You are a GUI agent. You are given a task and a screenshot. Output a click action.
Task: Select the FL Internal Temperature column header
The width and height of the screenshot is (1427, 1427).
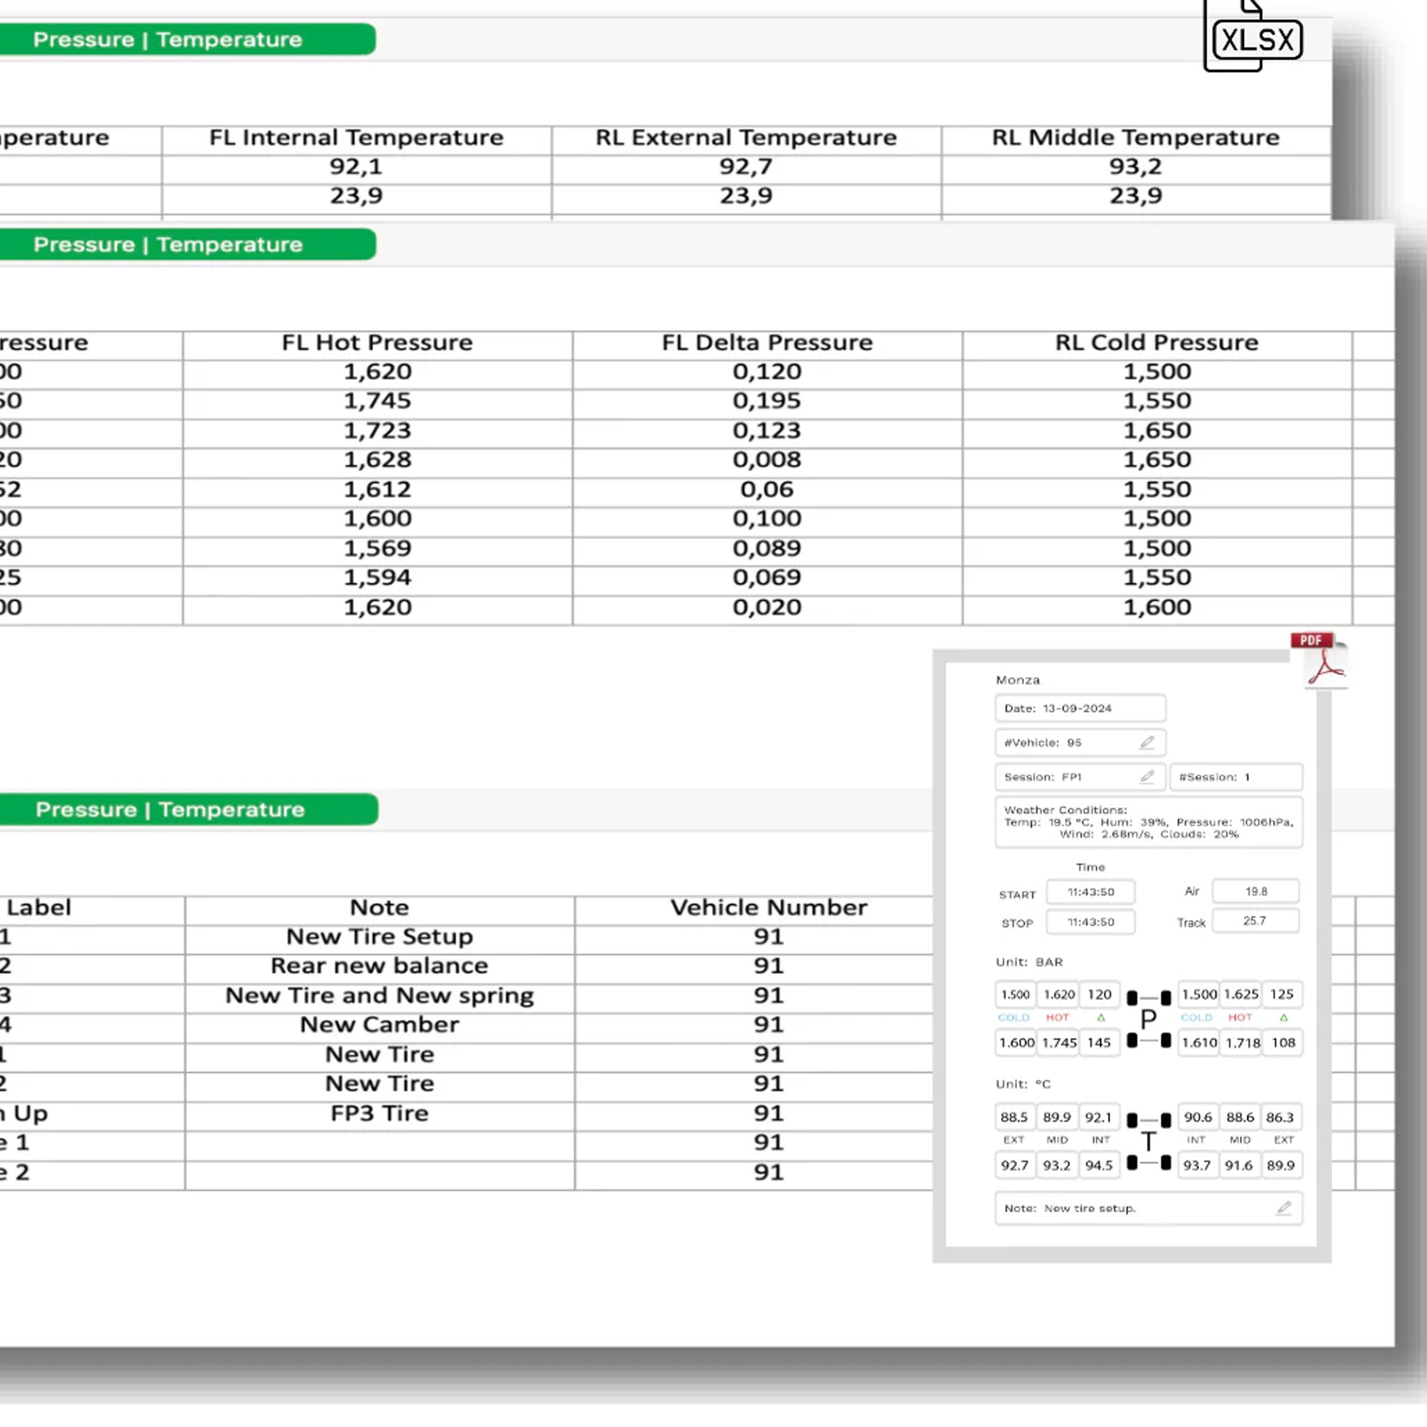[356, 138]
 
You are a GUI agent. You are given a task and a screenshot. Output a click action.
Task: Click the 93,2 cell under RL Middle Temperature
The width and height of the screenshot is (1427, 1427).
[1135, 167]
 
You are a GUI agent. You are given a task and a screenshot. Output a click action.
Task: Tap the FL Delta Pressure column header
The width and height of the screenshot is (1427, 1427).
[767, 342]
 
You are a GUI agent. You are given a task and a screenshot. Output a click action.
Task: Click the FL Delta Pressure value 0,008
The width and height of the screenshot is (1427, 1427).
[767, 460]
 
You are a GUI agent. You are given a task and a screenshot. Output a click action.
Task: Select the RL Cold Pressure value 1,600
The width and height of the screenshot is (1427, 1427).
[1156, 607]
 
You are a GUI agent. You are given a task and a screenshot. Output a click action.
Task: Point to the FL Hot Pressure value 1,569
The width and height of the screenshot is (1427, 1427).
[377, 548]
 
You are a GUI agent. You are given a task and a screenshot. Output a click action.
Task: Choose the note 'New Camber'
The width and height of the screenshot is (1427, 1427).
[379, 1025]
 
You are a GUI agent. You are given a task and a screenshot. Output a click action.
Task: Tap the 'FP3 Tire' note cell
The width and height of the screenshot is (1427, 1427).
[379, 1113]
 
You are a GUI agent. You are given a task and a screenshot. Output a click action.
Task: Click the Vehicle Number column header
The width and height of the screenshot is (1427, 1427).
[768, 908]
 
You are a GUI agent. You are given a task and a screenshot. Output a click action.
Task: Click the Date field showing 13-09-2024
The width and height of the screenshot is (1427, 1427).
[1079, 708]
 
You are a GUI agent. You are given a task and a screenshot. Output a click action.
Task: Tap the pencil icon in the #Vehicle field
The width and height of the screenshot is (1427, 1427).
[1146, 742]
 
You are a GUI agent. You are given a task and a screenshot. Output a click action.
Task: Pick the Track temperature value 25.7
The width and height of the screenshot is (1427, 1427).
[1254, 921]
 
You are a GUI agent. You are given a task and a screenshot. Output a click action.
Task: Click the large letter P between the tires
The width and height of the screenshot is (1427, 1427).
[1148, 1020]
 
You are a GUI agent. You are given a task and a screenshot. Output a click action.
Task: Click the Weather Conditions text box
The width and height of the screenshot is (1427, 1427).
[1148, 822]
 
